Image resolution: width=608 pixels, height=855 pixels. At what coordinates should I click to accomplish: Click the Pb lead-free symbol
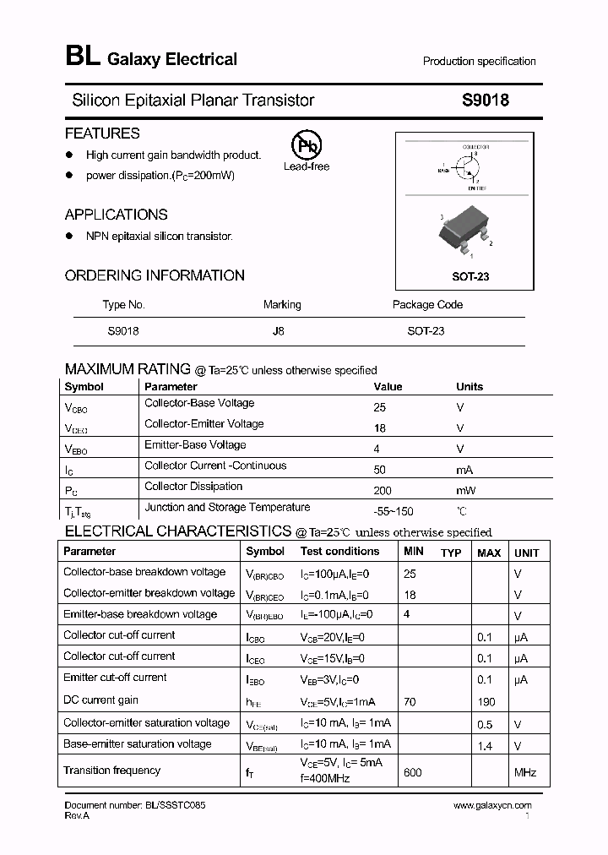(307, 145)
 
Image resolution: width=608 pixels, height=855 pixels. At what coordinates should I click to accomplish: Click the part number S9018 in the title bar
(485, 100)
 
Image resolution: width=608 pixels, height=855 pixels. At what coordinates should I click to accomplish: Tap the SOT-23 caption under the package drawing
(470, 276)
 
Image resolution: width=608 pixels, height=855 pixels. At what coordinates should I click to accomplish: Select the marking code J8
(278, 331)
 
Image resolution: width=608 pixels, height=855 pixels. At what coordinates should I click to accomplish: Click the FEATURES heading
(102, 133)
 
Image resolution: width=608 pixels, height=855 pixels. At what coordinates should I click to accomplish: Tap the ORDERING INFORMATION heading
(155, 275)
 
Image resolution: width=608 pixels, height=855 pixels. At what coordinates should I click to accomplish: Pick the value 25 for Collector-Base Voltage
(379, 406)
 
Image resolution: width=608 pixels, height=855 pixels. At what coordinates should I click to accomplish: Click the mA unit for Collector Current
(464, 469)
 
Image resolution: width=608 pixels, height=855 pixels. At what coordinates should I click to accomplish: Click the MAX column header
(489, 553)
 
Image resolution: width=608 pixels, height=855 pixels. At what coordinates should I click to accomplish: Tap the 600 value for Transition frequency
(412, 772)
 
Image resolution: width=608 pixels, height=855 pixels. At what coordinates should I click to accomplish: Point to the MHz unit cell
(525, 772)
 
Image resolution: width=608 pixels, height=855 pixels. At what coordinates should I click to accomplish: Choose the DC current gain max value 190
(486, 702)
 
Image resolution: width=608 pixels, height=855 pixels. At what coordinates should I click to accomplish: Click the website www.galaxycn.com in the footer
(492, 806)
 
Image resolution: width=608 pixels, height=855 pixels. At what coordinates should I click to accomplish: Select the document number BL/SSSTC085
(135, 806)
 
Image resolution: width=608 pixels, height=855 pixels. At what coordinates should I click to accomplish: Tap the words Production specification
(479, 62)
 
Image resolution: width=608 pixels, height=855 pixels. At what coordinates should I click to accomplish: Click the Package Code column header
(427, 305)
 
